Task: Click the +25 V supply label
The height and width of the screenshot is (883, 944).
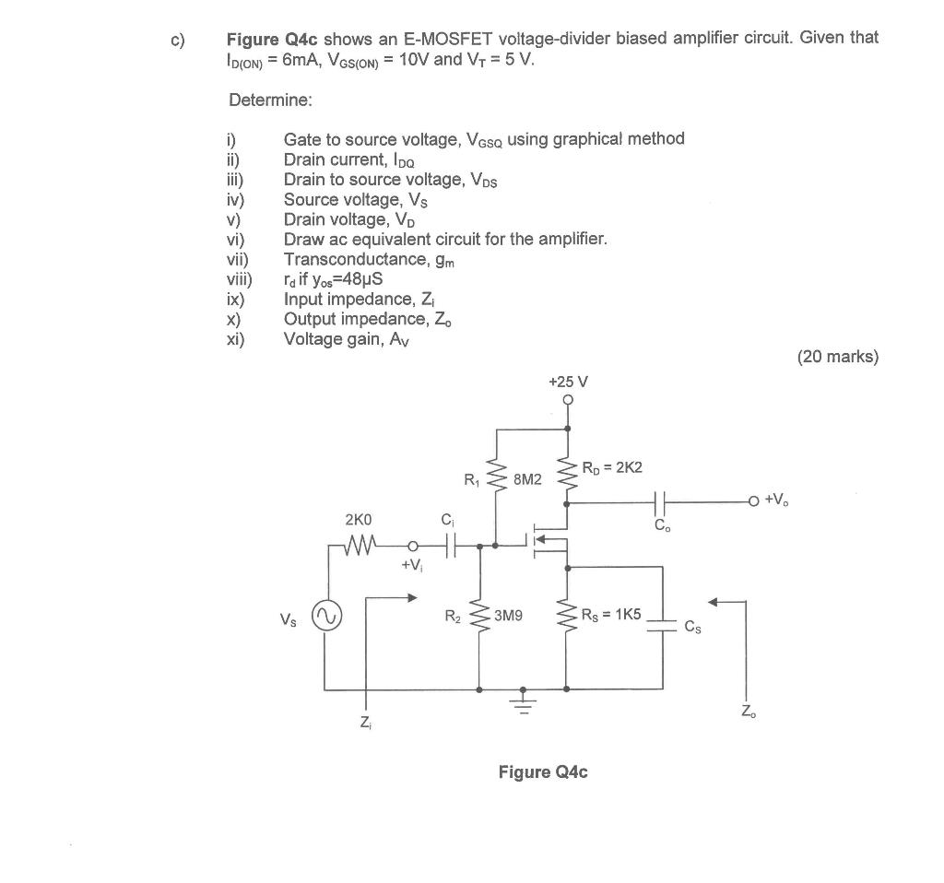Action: coord(568,382)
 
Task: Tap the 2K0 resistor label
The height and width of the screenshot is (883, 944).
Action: coord(359,520)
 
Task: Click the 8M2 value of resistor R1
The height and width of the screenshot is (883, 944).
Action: coord(528,479)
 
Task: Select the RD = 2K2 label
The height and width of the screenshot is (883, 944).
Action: coord(612,467)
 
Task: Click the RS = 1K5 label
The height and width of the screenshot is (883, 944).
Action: coord(611,615)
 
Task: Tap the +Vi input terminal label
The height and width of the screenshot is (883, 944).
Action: coord(412,565)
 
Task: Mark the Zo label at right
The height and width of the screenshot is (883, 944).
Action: coord(746,712)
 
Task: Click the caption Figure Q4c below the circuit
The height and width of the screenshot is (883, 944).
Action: coord(542,771)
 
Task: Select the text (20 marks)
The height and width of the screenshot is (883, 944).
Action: coord(837,357)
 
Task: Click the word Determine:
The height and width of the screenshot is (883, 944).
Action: coord(270,100)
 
